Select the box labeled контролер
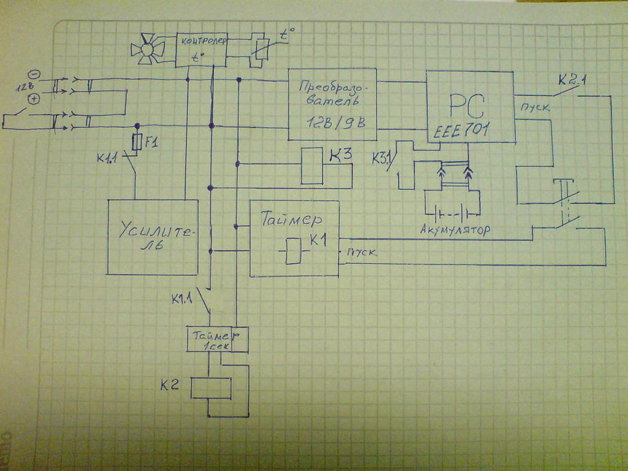click(x=201, y=49)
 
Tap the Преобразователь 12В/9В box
click(x=332, y=104)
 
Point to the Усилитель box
click(x=153, y=237)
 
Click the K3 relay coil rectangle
click(x=312, y=166)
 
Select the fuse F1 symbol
click(x=137, y=142)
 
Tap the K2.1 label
click(x=571, y=80)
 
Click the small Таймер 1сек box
click(x=218, y=339)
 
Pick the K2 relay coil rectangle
click(x=211, y=388)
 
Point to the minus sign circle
click(x=34, y=74)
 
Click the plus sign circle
click(x=34, y=99)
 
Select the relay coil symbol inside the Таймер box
click(x=293, y=251)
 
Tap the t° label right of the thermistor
click(x=286, y=35)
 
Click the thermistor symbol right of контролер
click(x=262, y=50)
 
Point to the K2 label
click(x=170, y=385)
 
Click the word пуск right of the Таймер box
click(x=362, y=252)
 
